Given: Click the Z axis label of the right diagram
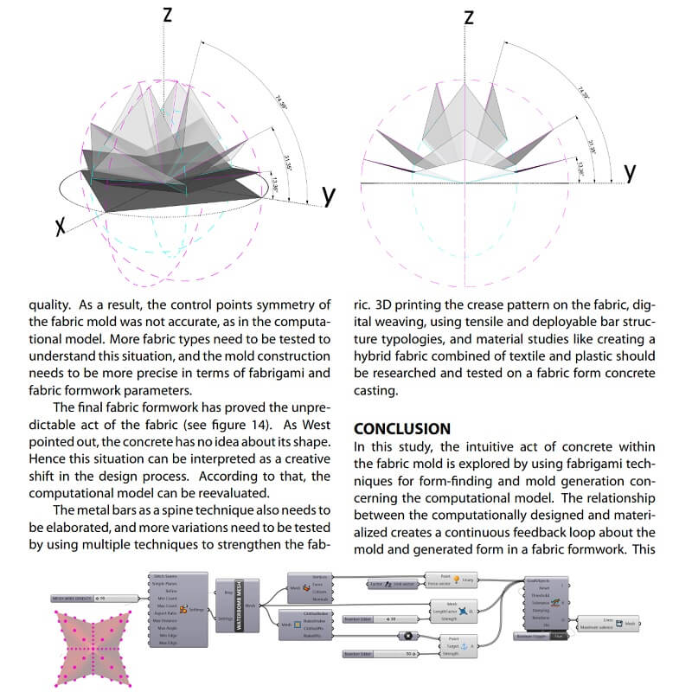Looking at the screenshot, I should pyautogui.click(x=469, y=16).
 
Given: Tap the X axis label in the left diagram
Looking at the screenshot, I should pyautogui.click(x=61, y=227).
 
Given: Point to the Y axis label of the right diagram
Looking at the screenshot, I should pyautogui.click(x=631, y=173).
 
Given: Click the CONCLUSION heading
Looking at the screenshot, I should pyautogui.click(x=402, y=428).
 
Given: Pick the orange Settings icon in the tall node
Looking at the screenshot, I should pyautogui.click(x=183, y=611).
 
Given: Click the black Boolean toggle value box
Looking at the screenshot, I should pyautogui.click(x=560, y=638).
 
